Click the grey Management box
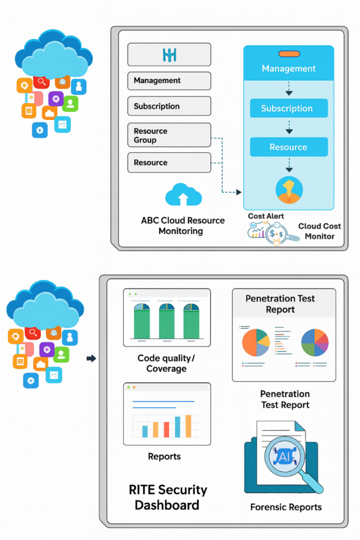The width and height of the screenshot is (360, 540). [x=169, y=80]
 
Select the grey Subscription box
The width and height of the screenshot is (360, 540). [x=169, y=106]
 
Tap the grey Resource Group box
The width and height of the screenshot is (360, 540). [x=169, y=136]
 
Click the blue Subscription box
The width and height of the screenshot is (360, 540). [x=288, y=109]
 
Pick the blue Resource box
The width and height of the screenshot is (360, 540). [x=288, y=147]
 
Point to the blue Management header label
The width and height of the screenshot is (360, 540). [x=288, y=69]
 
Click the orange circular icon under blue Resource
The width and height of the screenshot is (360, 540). [x=289, y=190]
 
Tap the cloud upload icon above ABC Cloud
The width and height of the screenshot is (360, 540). [x=184, y=195]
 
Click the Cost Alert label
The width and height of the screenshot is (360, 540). [x=266, y=216]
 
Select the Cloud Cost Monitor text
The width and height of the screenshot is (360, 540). [x=320, y=231]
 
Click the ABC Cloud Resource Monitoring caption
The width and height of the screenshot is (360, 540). [x=182, y=226]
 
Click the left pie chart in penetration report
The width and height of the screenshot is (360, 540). [x=255, y=342]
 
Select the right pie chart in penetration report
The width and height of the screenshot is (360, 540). [x=315, y=342]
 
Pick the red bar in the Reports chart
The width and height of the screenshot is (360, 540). [x=167, y=429]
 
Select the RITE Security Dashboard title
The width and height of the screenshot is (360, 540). [x=167, y=497]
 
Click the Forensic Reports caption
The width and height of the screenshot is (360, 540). [x=286, y=507]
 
